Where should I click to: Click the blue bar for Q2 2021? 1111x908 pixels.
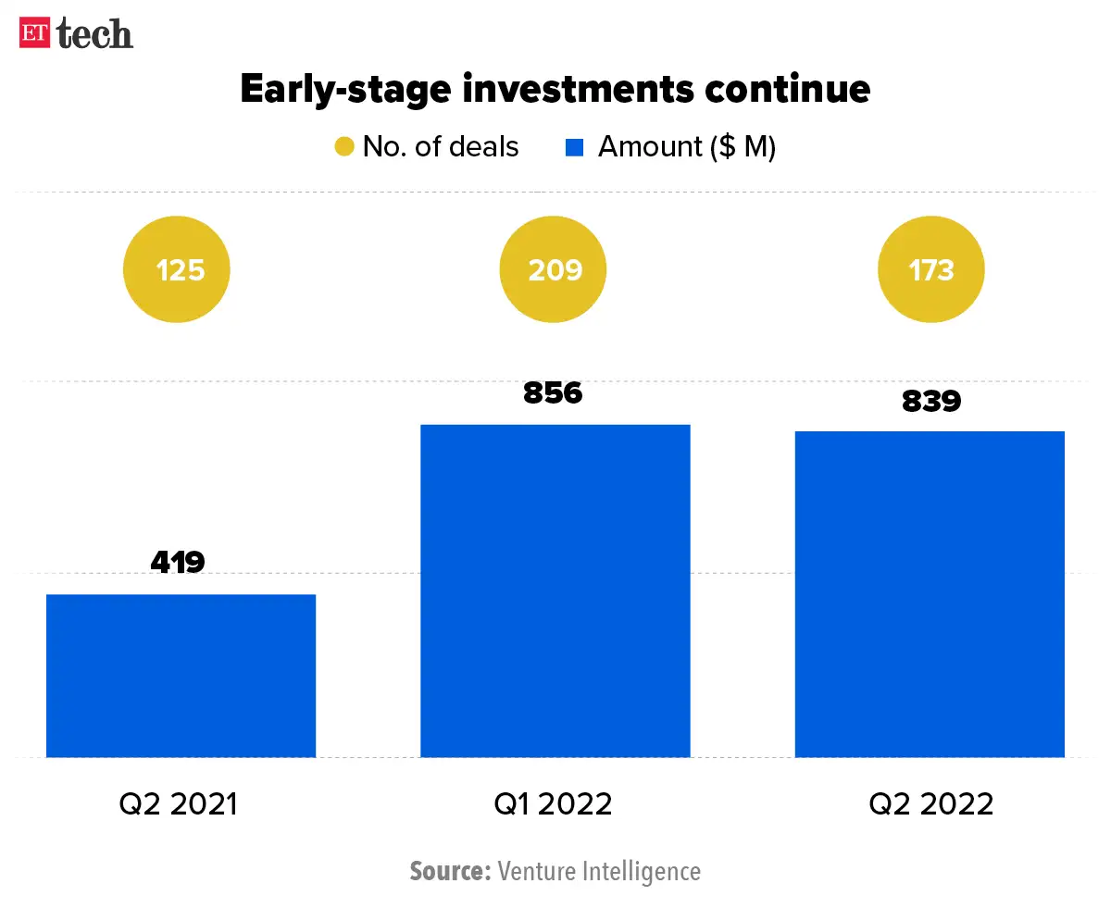[x=181, y=676]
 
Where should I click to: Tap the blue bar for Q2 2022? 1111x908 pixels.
[x=930, y=594]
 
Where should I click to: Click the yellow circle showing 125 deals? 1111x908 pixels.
[x=177, y=270]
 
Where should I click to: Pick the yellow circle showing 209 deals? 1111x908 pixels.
[x=554, y=270]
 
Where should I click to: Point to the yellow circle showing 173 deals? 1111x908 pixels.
[x=930, y=270]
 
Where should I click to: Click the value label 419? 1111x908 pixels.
[x=177, y=561]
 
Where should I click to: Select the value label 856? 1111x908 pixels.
[x=553, y=392]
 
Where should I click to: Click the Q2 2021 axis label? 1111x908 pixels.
[x=179, y=803]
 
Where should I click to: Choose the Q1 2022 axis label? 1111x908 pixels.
[x=554, y=803]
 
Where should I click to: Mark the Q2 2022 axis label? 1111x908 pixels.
[x=930, y=803]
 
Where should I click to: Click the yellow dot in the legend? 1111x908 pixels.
[x=344, y=147]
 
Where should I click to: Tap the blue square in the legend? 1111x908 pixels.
[x=574, y=147]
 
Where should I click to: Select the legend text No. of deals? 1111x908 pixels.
[x=441, y=147]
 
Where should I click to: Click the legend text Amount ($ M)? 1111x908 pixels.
[x=686, y=147]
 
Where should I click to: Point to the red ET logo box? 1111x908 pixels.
[x=35, y=33]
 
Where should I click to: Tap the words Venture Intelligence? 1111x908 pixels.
[x=599, y=871]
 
